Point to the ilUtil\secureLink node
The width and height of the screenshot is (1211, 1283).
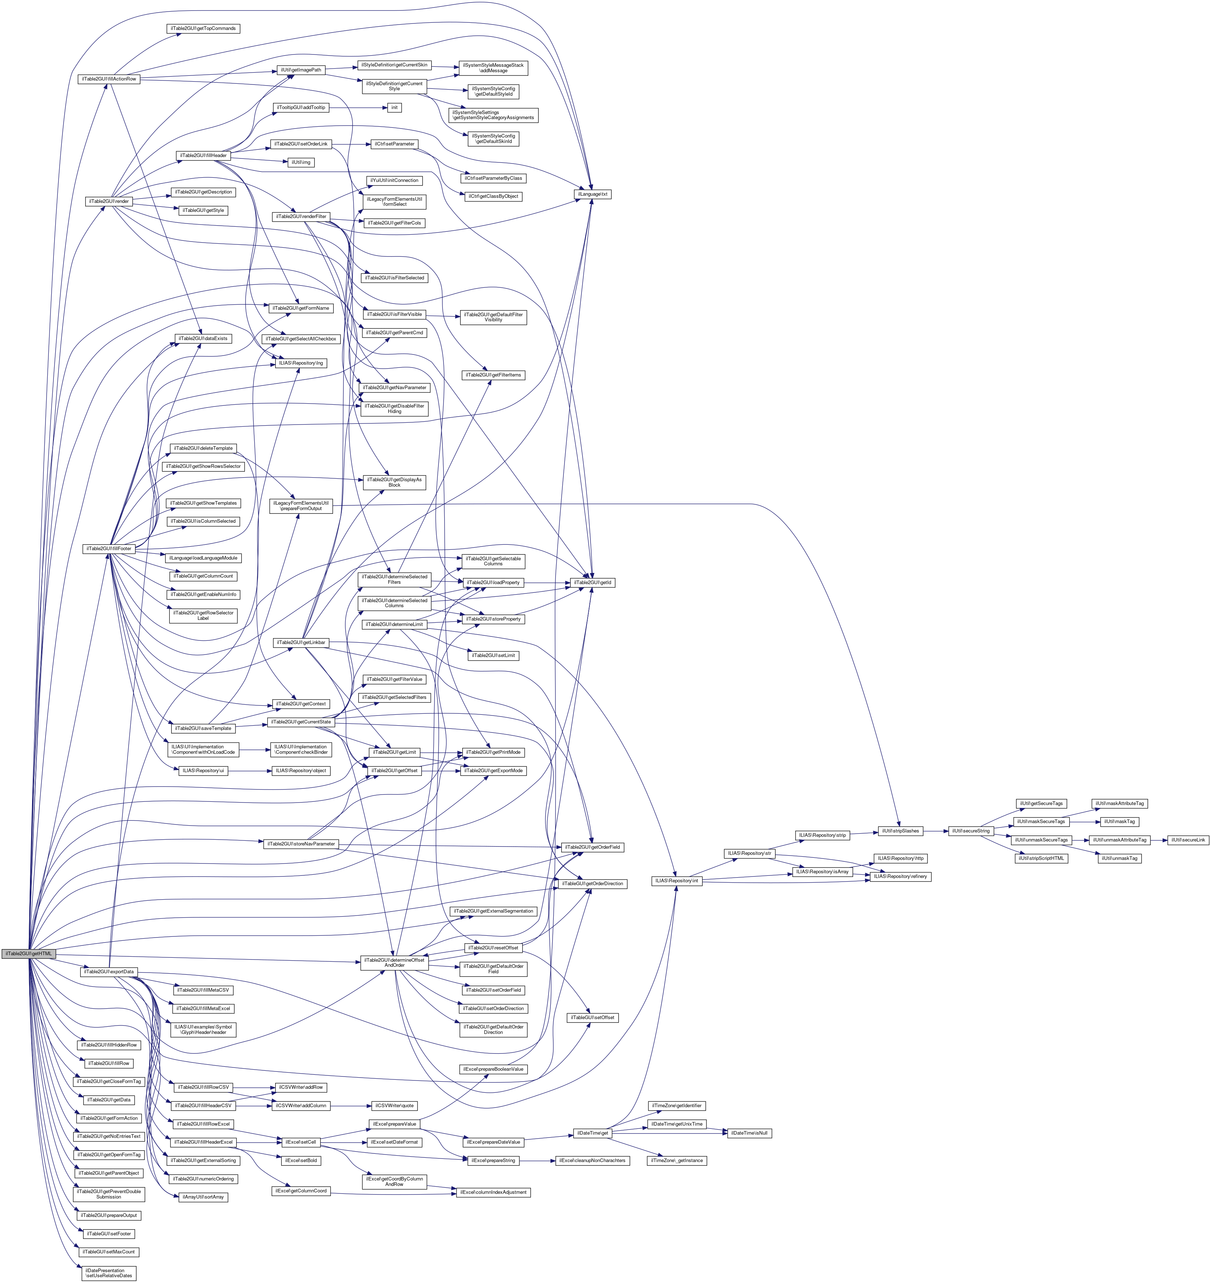point(1188,840)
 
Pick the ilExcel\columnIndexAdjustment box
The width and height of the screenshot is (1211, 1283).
point(494,1192)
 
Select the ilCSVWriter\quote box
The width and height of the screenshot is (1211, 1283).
point(390,1105)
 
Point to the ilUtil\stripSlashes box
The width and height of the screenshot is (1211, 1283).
point(900,831)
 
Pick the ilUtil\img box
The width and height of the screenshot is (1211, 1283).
point(301,162)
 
